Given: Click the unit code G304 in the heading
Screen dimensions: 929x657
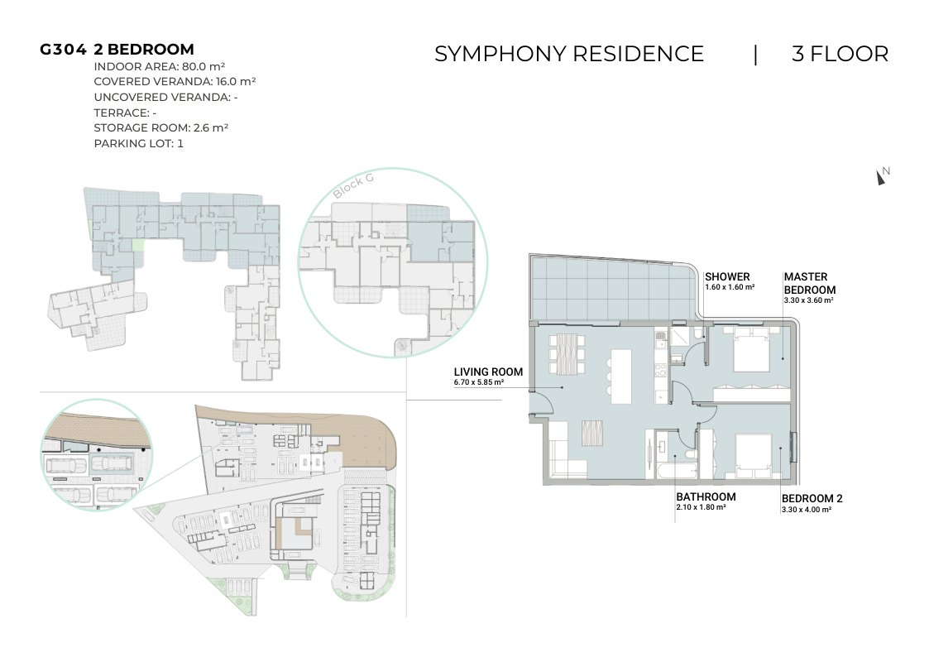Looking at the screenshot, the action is [x=63, y=50].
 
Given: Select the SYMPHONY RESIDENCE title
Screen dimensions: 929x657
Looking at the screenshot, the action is [x=569, y=54].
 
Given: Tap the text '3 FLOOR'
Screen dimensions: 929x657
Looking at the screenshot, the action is [x=840, y=54].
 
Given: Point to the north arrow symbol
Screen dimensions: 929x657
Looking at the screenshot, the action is [x=881, y=177].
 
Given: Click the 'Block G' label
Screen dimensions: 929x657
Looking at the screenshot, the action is [x=353, y=186].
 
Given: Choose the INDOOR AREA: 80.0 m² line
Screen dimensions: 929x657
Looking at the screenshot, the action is [x=160, y=66].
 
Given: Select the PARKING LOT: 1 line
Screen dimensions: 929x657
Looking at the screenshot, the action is [x=139, y=143].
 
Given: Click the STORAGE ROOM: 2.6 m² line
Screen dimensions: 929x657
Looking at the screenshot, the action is [x=161, y=128].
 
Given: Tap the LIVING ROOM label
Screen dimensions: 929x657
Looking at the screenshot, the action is [x=488, y=372].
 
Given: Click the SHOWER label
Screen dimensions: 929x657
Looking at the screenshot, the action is [x=727, y=276].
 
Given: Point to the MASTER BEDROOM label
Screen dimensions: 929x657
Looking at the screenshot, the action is [x=809, y=283].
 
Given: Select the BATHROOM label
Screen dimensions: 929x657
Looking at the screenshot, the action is [x=706, y=497].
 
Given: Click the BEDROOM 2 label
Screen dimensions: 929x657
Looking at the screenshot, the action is [x=812, y=499].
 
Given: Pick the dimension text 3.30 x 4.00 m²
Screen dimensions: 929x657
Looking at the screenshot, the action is [x=807, y=510].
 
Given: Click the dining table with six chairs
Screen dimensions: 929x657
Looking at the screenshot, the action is [x=567, y=354].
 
